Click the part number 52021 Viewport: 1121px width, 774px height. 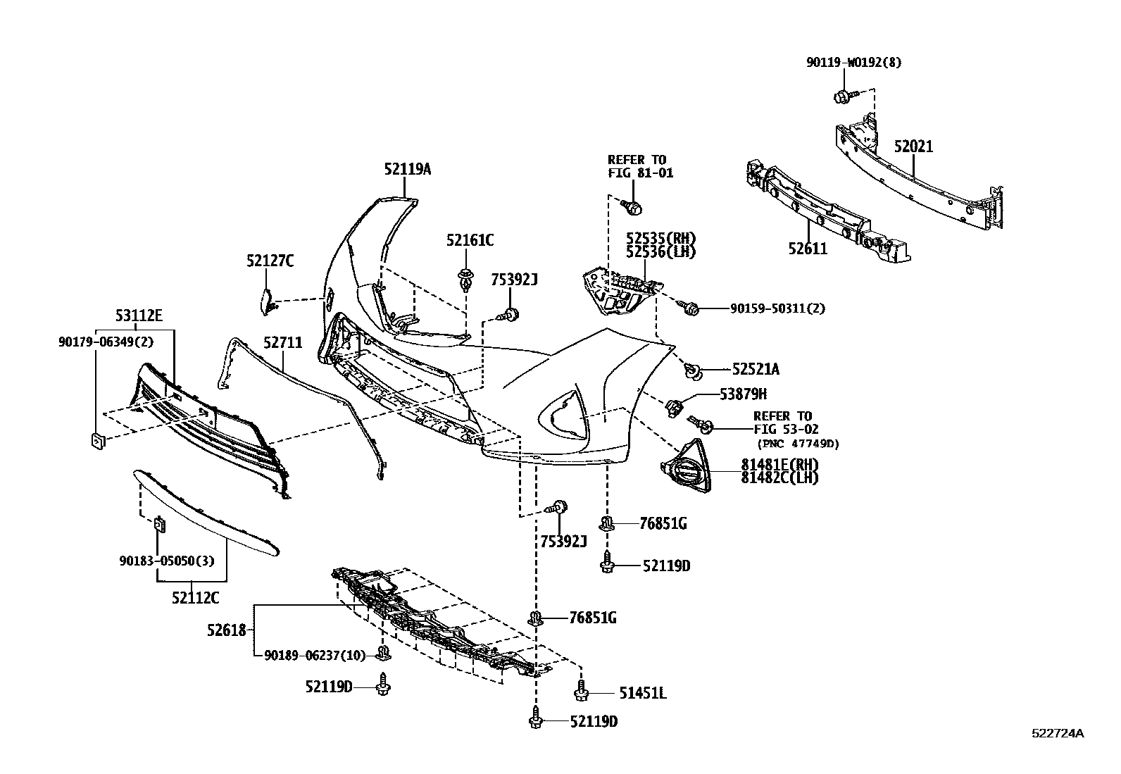(x=913, y=146)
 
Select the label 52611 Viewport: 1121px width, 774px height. (x=808, y=248)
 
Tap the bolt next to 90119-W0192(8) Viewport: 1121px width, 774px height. (x=843, y=95)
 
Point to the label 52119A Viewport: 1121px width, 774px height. (x=408, y=169)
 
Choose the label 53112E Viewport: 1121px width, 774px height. (x=139, y=316)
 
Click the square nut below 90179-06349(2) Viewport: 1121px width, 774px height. (x=96, y=442)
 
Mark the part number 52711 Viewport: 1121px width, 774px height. (x=283, y=343)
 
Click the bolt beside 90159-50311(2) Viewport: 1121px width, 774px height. (x=689, y=307)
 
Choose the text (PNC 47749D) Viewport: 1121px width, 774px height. (x=799, y=444)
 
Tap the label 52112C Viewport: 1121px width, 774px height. (x=195, y=598)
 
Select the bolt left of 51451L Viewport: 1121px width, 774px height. (x=581, y=692)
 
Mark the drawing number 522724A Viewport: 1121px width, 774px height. (x=1058, y=733)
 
